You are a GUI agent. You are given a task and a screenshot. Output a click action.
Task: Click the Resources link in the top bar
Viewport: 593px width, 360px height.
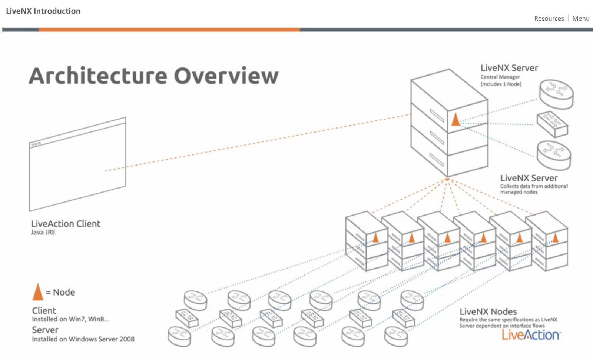pyautogui.click(x=549, y=19)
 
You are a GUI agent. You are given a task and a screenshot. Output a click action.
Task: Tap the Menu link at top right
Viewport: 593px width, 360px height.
pyautogui.click(x=580, y=19)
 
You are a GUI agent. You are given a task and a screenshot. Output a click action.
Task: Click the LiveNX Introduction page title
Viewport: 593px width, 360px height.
pyautogui.click(x=43, y=11)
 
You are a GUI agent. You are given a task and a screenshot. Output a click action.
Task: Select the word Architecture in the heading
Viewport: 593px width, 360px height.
pyautogui.click(x=98, y=76)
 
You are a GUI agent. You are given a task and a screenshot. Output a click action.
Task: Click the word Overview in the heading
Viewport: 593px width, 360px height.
pyautogui.click(x=226, y=76)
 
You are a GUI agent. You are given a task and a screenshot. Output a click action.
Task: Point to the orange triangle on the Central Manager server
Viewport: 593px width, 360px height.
pyautogui.click(x=455, y=120)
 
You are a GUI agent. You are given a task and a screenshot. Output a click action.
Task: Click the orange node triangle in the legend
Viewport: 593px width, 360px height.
pyautogui.click(x=38, y=292)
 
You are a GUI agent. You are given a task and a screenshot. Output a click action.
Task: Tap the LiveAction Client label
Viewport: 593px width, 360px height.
pyautogui.click(x=66, y=224)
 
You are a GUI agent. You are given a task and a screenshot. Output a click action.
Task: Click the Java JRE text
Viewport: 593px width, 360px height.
pyautogui.click(x=43, y=232)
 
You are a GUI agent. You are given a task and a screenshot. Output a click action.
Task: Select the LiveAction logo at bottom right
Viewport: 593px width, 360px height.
pyautogui.click(x=531, y=335)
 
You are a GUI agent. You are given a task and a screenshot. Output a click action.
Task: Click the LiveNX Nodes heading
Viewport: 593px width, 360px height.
pyautogui.click(x=488, y=312)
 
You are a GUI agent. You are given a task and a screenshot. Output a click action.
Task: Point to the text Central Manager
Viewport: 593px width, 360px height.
pyautogui.click(x=500, y=77)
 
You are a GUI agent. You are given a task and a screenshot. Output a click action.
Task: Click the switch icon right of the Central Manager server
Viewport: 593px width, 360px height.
pyautogui.click(x=552, y=124)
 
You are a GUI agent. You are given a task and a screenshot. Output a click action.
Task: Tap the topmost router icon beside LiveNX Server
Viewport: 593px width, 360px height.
pyautogui.click(x=556, y=94)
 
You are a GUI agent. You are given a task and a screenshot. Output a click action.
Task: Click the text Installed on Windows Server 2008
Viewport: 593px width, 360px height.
pyautogui.click(x=83, y=339)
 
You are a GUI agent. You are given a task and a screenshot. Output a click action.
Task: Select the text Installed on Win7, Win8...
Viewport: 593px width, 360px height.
pyautogui.click(x=70, y=319)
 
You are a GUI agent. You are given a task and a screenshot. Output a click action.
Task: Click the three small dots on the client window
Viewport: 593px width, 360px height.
pyautogui.click(x=36, y=144)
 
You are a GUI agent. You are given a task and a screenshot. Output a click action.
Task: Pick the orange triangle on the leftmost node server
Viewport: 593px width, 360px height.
pyautogui.click(x=375, y=238)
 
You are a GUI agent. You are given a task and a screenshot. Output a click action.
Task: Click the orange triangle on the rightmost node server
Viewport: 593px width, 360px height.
pyautogui.click(x=555, y=238)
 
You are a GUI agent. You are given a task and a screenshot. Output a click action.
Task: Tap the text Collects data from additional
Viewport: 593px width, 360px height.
pyautogui.click(x=534, y=186)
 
